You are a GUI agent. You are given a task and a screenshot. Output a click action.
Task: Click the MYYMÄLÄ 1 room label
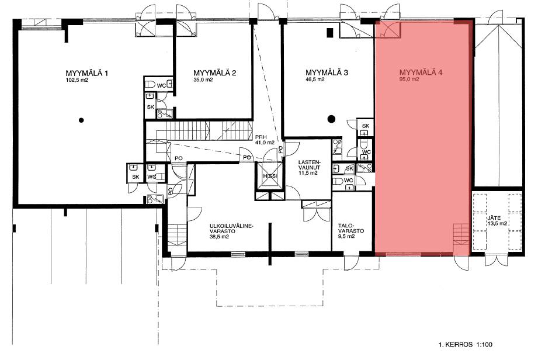point(87,74)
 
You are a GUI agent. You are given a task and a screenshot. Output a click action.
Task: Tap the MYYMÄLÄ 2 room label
point(215,73)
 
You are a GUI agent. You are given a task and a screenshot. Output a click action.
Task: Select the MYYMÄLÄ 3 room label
point(327,72)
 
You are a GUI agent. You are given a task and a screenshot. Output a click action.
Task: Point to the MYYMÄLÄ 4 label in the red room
point(421,72)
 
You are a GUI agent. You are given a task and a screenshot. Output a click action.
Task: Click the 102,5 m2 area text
point(77,80)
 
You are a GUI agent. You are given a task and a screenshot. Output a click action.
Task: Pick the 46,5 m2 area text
point(315,79)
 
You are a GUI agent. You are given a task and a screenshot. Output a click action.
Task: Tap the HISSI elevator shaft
point(270,176)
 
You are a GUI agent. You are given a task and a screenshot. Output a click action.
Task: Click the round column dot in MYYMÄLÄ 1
point(81,120)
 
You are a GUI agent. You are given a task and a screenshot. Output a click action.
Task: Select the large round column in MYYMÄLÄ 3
point(331,119)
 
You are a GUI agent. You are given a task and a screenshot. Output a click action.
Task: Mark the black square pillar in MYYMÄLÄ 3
point(330,32)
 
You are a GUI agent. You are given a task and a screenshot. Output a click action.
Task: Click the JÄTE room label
point(494,218)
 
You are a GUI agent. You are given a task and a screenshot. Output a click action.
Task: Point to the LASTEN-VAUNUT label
point(309,165)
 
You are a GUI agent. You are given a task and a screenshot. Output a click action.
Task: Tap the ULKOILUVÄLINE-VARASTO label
point(232,228)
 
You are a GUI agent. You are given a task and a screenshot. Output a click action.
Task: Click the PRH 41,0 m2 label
point(265,140)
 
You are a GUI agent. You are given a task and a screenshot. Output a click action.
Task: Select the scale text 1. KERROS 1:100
point(466,345)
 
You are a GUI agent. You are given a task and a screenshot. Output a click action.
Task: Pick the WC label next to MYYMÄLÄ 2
point(161,85)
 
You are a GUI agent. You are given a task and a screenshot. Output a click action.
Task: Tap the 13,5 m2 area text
point(497,223)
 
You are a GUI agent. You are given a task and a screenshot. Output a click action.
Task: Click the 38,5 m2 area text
point(219,237)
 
